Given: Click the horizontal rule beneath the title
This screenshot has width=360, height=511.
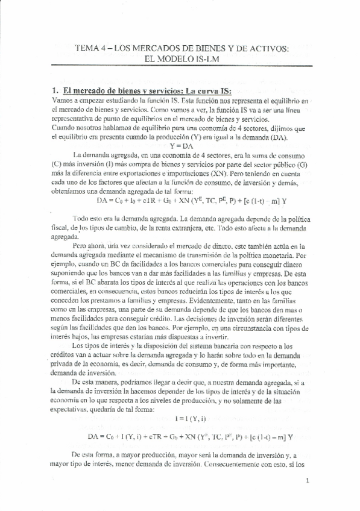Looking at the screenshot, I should [184, 65].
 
